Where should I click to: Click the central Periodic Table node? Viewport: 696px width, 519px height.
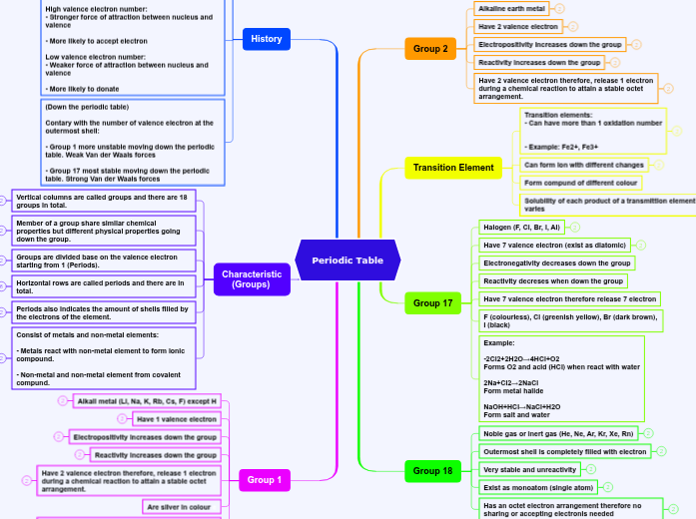click(348, 260)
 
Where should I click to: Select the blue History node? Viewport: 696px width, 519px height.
click(267, 39)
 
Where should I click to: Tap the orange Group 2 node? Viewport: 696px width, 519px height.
click(430, 48)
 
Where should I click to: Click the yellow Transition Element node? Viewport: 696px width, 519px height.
click(453, 168)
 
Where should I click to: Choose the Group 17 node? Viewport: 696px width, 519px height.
click(432, 302)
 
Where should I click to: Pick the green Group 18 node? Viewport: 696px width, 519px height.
click(432, 470)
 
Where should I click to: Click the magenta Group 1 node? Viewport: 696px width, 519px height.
click(265, 480)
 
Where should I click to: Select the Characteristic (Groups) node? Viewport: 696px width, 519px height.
click(252, 279)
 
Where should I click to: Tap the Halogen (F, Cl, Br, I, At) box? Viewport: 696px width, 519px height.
click(522, 227)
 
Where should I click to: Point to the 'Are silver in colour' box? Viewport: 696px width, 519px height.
click(184, 507)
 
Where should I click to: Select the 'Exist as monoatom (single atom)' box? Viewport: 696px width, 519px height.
click(537, 487)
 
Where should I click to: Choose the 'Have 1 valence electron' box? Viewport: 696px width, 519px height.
click(176, 419)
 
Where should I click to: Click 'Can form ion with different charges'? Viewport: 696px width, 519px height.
click(584, 165)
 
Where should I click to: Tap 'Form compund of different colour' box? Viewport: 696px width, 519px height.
click(580, 183)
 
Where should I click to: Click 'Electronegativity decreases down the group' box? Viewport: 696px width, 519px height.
click(556, 262)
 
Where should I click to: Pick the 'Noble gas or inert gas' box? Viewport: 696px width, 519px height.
click(557, 434)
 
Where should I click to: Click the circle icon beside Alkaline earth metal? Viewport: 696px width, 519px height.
click(559, 8)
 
